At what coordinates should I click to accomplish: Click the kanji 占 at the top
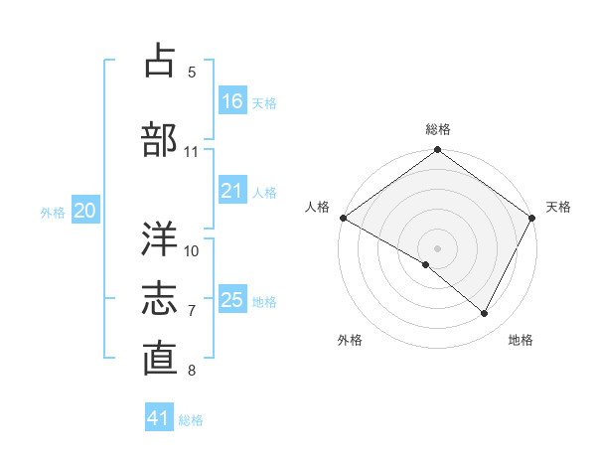pos(160,61)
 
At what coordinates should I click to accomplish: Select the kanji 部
pos(160,139)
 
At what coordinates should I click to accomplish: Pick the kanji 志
pos(160,299)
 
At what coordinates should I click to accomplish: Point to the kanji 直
pos(160,359)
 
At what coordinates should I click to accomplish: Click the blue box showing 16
pos(231,101)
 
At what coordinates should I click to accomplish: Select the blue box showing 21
pos(231,191)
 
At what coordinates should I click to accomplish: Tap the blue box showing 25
pos(231,300)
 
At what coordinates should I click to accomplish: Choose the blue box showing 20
pos(85,211)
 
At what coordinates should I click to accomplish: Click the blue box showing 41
pos(159,418)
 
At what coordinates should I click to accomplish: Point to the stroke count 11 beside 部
pos(192,152)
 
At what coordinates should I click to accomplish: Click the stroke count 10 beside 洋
pos(192,250)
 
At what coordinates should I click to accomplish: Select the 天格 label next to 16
pos(264,103)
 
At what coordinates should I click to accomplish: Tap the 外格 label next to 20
pos(53,212)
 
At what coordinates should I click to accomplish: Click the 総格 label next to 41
pos(191,420)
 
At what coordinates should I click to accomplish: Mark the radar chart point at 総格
pos(437,151)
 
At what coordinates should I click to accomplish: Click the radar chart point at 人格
pos(343,218)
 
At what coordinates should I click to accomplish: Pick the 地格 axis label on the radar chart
pos(521,341)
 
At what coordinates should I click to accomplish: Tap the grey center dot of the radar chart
pos(437,247)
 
